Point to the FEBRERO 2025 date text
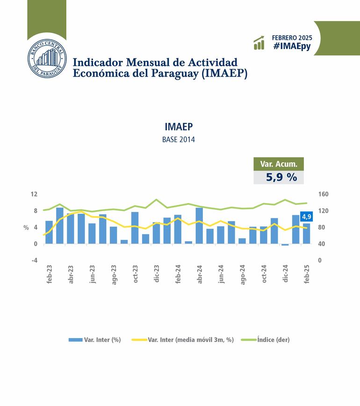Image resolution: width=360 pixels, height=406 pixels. (292, 37)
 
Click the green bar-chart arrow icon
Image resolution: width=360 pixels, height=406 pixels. (259, 43)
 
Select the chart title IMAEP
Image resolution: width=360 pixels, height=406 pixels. (179, 127)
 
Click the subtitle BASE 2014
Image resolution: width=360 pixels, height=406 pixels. (179, 140)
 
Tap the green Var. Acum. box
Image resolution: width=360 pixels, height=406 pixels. (279, 164)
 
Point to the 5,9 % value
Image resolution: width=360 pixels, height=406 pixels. (281, 177)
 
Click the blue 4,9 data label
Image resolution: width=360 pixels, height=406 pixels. (307, 217)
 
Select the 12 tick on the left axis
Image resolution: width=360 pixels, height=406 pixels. (34, 194)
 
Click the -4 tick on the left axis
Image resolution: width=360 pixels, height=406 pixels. (34, 261)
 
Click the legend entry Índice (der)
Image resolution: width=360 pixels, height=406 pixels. (273, 340)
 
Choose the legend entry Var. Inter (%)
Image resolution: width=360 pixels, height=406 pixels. (102, 340)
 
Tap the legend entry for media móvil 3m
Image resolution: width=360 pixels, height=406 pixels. (190, 340)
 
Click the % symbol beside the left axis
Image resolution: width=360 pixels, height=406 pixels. (26, 227)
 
